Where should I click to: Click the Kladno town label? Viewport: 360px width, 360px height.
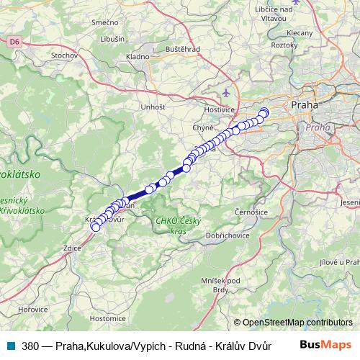137,55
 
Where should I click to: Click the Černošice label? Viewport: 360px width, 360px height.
252,213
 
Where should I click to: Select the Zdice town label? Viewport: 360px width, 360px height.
73,247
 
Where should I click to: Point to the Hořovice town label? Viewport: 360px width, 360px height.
33,308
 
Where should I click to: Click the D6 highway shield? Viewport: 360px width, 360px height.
14,42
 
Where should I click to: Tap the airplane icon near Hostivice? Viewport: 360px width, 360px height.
228,92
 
